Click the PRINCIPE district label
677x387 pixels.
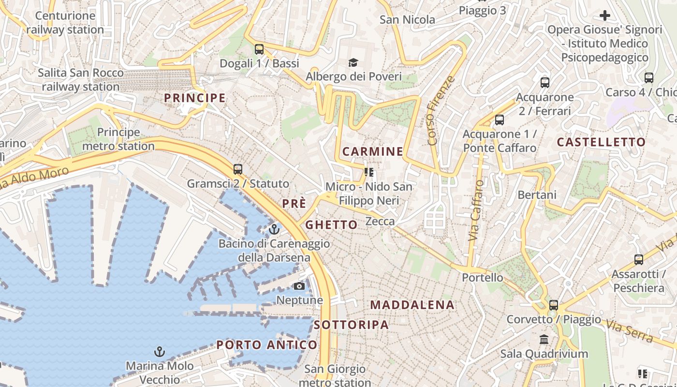click(x=195, y=98)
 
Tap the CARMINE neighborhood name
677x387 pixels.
click(x=372, y=151)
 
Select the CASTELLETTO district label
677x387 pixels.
click(x=601, y=142)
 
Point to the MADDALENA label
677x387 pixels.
click(x=412, y=305)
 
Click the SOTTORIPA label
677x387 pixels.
click(x=351, y=325)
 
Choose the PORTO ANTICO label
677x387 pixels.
click(x=267, y=345)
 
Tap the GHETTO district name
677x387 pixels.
click(x=331, y=224)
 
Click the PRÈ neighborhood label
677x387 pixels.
click(x=294, y=204)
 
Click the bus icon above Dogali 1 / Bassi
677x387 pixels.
click(x=259, y=49)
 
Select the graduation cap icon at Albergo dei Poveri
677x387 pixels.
click(x=353, y=62)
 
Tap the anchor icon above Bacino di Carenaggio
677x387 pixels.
click(x=274, y=229)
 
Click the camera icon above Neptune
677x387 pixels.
click(x=299, y=286)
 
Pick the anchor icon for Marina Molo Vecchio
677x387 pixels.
click(x=159, y=352)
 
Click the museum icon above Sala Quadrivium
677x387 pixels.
click(x=544, y=339)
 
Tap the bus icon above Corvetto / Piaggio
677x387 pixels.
click(x=554, y=305)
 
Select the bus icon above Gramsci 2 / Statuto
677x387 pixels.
click(x=237, y=169)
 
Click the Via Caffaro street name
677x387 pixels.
click(x=476, y=210)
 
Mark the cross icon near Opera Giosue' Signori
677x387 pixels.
click(x=604, y=15)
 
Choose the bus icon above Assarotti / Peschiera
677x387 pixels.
click(x=638, y=260)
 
